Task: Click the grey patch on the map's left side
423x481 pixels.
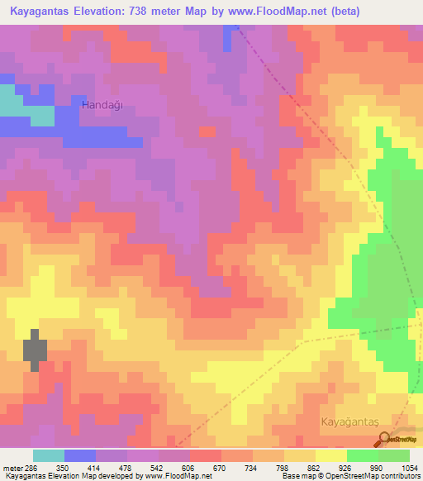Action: click(x=35, y=350)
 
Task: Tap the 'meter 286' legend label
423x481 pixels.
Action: click(x=18, y=467)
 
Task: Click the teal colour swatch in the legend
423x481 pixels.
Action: click(x=49, y=455)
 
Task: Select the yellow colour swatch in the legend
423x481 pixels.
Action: click(x=331, y=455)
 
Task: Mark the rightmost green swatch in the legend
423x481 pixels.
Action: click(x=394, y=455)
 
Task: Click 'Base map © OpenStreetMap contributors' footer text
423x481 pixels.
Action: click(x=350, y=477)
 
